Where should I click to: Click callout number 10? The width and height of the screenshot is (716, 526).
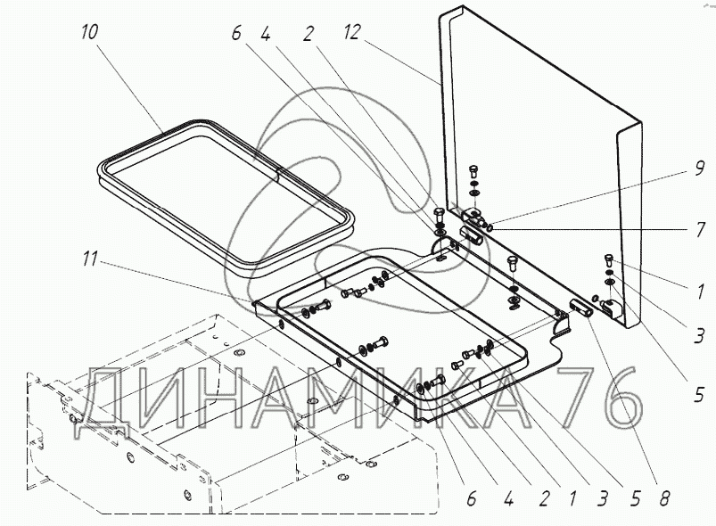[x=89, y=32]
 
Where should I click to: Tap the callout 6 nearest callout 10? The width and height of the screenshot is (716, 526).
[x=235, y=33]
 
